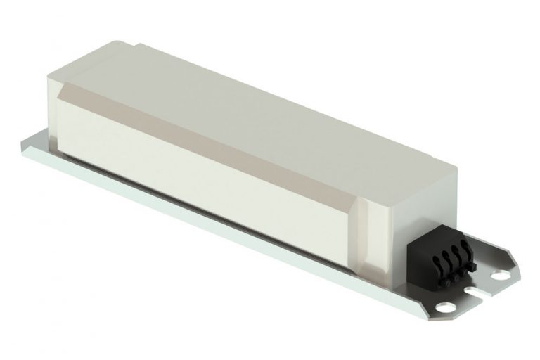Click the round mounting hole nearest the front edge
[x=446, y=307]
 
